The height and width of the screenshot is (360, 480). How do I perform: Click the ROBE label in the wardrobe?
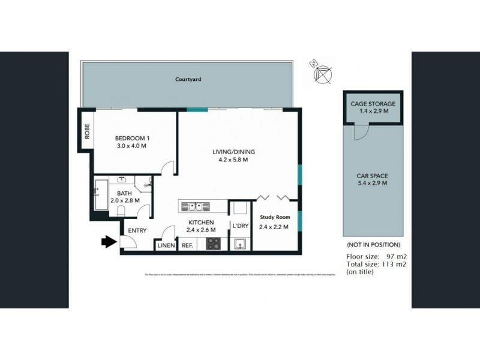click(x=86, y=131)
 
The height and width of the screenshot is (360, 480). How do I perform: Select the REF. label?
click(x=187, y=245)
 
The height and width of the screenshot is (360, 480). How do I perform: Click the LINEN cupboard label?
click(x=165, y=245)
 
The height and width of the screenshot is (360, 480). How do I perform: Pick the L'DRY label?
click(x=240, y=226)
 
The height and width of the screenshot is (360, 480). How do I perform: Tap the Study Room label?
click(x=274, y=218)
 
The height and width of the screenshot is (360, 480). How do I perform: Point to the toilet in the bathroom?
click(x=121, y=211)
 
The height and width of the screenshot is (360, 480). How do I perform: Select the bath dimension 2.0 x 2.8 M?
click(x=125, y=200)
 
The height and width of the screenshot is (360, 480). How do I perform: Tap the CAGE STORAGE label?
click(x=373, y=103)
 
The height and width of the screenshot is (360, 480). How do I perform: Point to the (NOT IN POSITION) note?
click(x=373, y=245)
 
